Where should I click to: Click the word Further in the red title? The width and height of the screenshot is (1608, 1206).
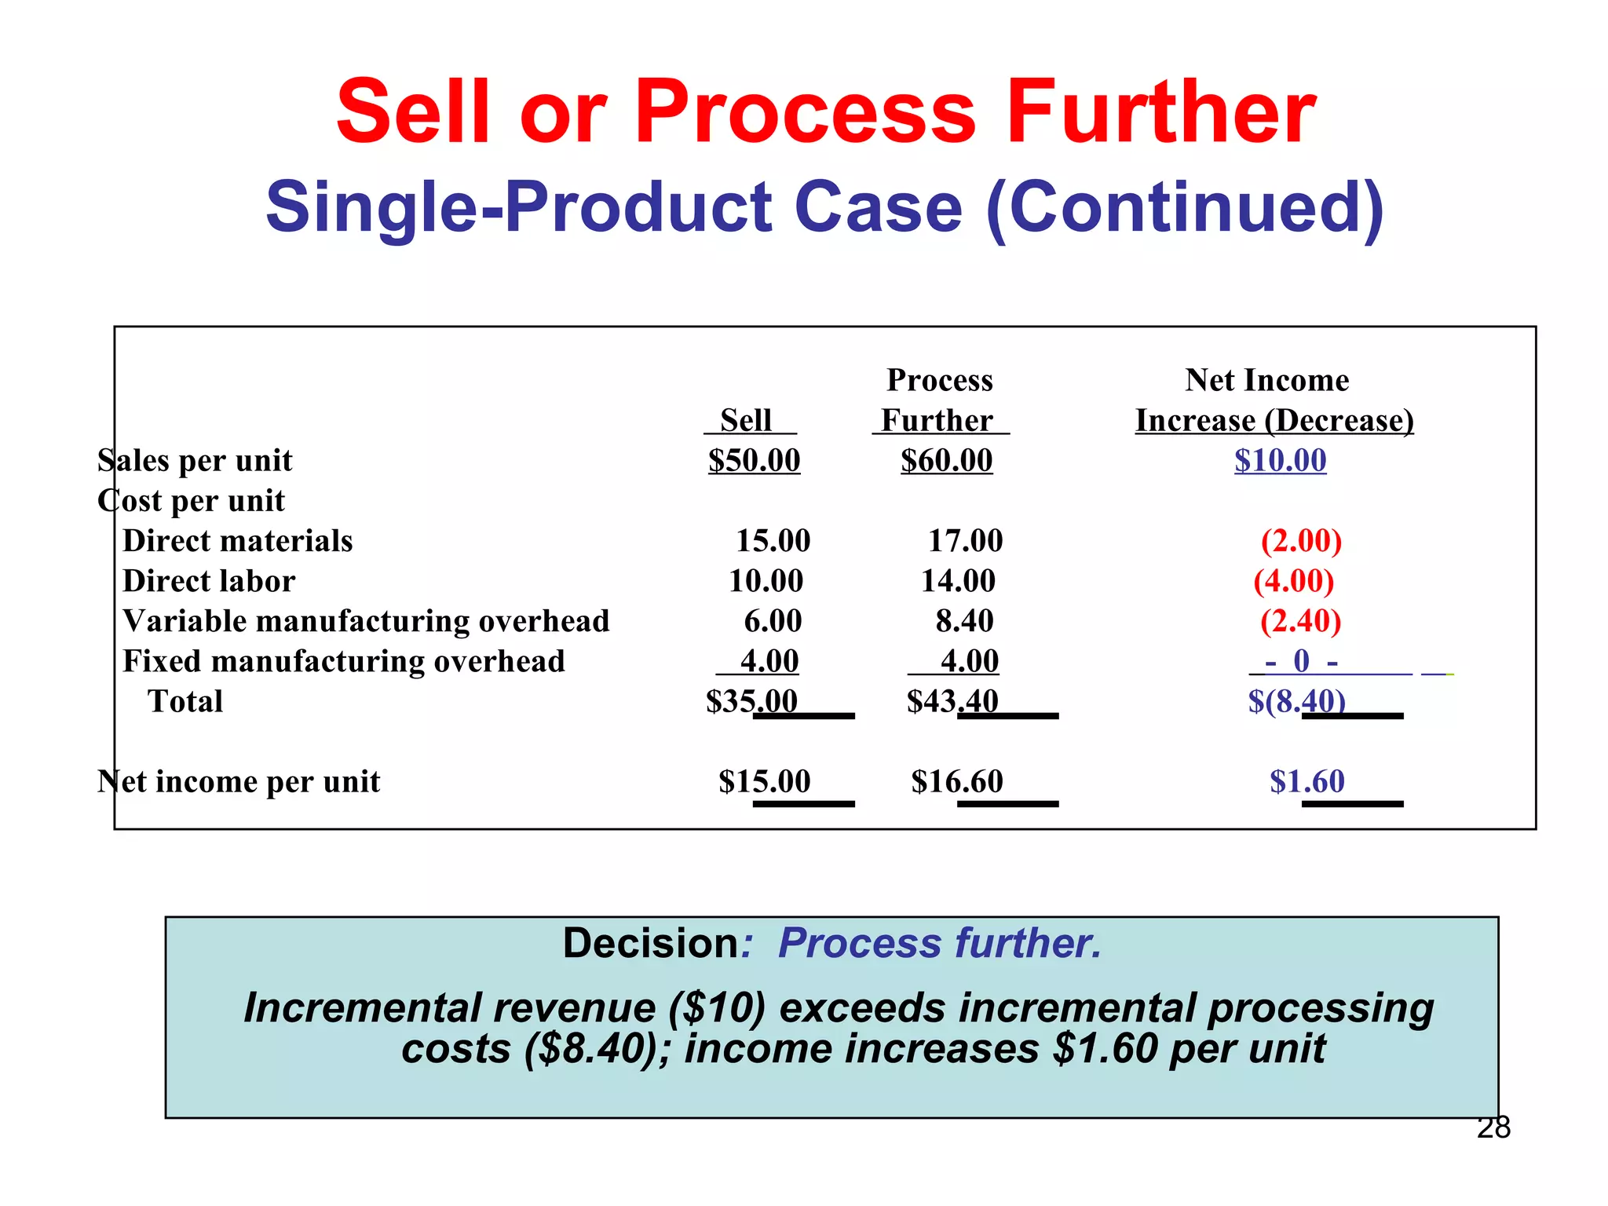(1160, 112)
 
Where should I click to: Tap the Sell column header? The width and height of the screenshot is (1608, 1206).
(746, 420)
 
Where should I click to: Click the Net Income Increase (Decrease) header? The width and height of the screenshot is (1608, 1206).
(1274, 400)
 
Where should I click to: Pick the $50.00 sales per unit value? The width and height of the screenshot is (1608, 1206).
(754, 460)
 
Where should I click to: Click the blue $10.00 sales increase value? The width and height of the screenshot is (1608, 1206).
(1280, 460)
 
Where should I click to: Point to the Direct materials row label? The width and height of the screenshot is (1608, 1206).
(238, 541)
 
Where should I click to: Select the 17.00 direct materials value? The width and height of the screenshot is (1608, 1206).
(965, 541)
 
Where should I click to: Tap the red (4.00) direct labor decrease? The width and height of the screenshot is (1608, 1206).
(1293, 581)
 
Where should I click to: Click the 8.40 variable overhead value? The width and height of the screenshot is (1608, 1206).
(964, 621)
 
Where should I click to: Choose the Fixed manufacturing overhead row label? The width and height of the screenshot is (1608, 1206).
(344, 661)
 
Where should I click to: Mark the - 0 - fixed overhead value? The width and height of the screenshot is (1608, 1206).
(1301, 661)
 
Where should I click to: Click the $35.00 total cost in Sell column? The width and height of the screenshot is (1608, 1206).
(751, 701)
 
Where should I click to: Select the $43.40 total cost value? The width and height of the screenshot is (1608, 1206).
(952, 701)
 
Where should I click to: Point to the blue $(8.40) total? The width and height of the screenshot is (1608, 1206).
(1296, 701)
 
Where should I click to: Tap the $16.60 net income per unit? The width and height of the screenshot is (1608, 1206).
(957, 781)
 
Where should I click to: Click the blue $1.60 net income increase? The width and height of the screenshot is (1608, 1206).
(1306, 781)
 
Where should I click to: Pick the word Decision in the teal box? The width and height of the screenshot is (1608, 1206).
(651, 943)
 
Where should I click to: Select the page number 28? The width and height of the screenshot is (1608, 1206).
(1493, 1127)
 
